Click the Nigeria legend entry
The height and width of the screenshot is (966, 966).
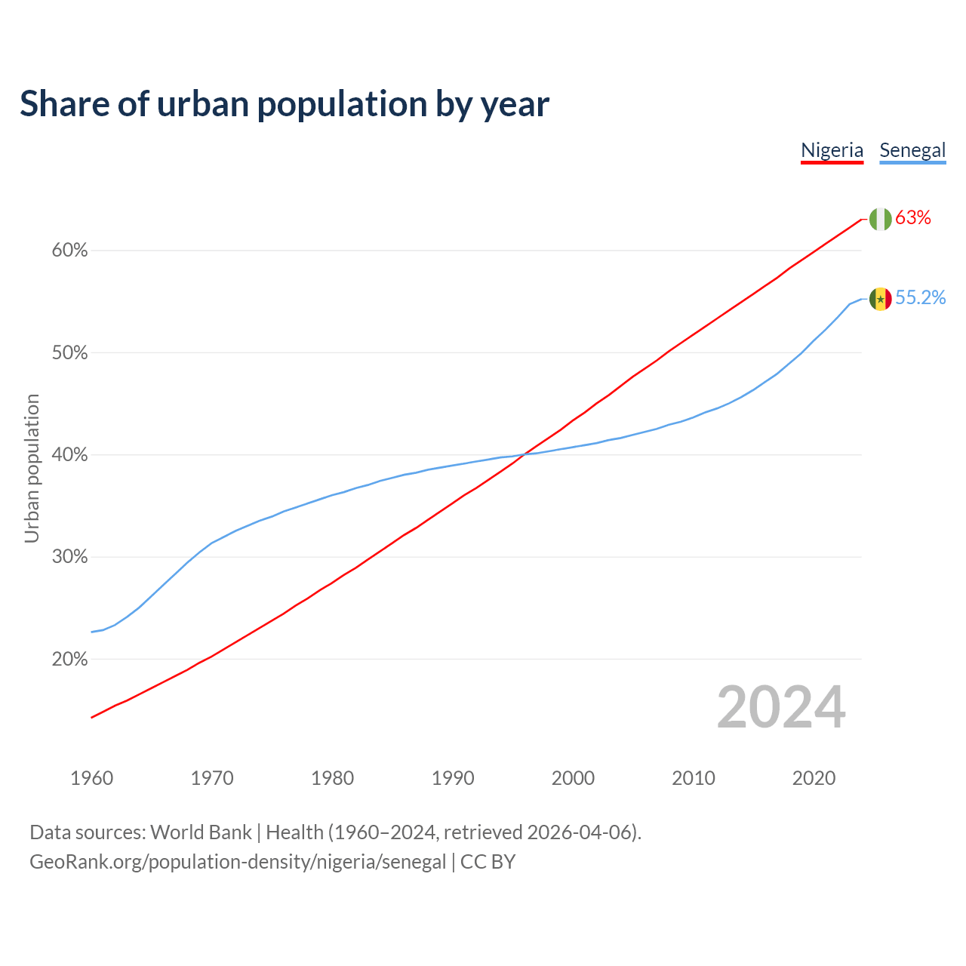832,150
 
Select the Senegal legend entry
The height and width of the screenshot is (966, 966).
912,150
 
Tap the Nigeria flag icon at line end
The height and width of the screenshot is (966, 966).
880,219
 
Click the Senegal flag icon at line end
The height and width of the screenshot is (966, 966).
880,299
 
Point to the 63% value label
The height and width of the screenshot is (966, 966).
913,218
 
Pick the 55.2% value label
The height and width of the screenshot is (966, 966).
920,298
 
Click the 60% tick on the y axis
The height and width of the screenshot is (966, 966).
69,251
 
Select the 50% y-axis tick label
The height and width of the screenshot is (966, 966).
69,353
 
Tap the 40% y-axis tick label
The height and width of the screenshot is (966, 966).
69,455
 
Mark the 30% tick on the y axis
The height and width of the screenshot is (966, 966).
69,557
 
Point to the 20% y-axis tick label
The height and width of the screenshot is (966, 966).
69,660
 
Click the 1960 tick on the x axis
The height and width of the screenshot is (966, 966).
91,778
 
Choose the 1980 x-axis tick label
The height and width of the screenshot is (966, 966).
332,778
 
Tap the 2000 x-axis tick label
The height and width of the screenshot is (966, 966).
573,778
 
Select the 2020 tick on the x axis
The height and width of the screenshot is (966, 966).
814,778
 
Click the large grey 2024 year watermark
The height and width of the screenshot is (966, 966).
781,707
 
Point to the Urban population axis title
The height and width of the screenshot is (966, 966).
32,468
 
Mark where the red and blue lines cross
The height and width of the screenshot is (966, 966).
525,454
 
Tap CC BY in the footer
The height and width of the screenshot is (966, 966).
488,862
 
